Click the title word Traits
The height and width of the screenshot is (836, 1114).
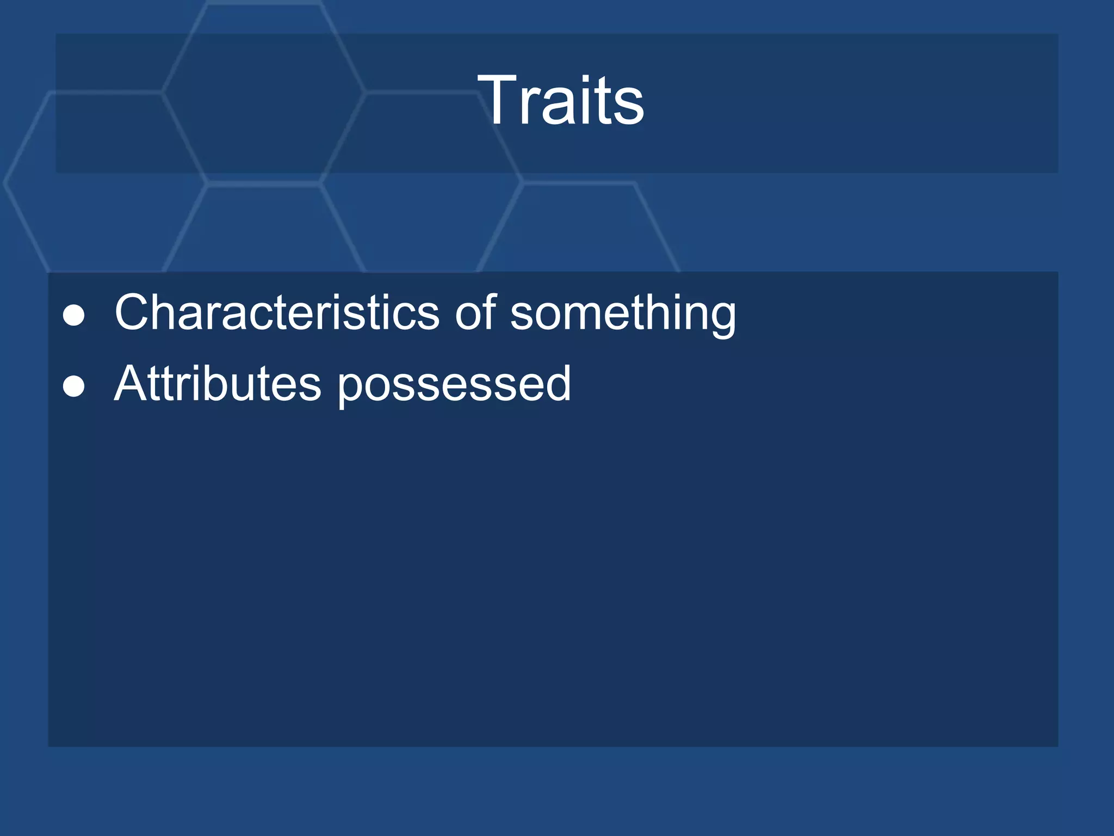(561, 101)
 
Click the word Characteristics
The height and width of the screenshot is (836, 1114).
(277, 312)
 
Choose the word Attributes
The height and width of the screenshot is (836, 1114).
(218, 384)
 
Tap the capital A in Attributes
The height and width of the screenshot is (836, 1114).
(130, 384)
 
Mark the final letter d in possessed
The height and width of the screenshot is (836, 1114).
(556, 384)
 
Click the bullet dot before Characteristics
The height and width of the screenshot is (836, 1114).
(73, 316)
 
